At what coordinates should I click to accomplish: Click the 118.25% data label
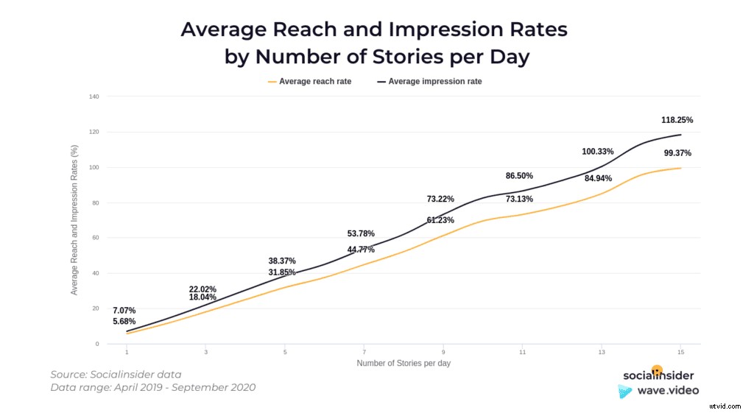point(677,119)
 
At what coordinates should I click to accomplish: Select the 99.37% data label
point(677,153)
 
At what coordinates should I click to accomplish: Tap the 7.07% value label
point(124,311)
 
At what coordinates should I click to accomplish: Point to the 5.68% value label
point(124,322)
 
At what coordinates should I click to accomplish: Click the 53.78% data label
point(362,234)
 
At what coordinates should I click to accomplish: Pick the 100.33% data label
point(597,152)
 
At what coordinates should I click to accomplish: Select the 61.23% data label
point(440,221)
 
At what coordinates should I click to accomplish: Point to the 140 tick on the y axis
point(94,96)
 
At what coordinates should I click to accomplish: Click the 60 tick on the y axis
point(95,238)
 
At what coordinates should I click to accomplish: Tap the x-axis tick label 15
point(680,353)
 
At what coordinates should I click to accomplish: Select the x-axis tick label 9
point(443,353)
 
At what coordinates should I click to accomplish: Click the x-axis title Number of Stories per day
point(404,364)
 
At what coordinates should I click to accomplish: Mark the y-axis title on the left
point(74,219)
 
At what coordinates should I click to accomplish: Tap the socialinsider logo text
point(658,375)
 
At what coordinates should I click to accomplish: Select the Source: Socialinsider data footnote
point(116,375)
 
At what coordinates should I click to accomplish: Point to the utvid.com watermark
point(725,404)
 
